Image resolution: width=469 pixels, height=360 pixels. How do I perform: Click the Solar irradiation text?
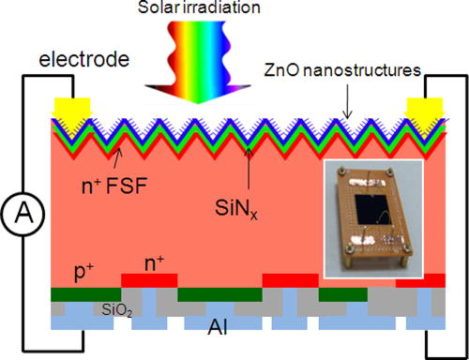point(234,9)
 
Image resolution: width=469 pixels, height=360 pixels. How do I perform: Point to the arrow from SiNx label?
point(248,150)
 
